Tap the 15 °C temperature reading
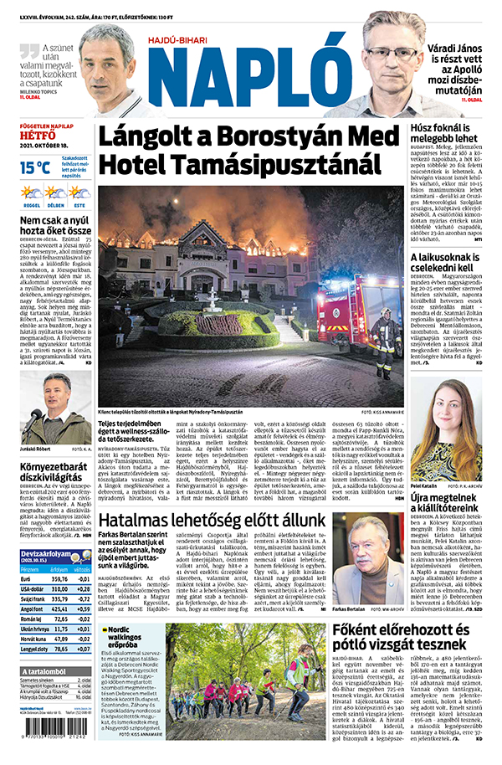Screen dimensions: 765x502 tap(37, 168)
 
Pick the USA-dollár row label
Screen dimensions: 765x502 tap(33, 589)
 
